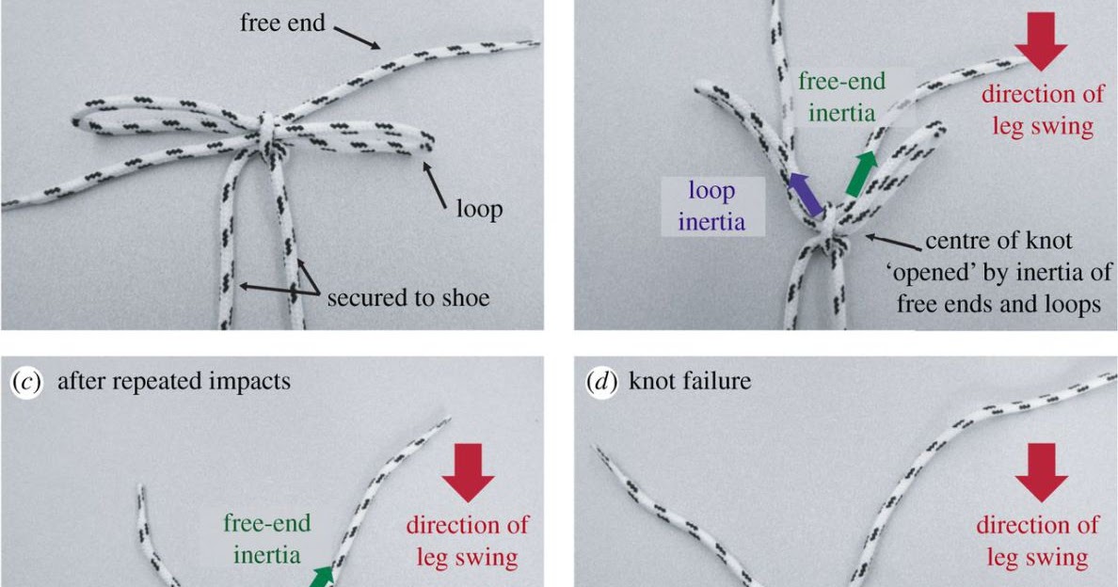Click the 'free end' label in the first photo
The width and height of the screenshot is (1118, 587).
click(x=282, y=23)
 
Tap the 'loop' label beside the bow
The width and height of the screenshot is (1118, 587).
click(x=479, y=210)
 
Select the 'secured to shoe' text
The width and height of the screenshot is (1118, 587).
click(x=408, y=297)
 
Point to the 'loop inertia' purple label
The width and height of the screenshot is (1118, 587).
click(x=711, y=206)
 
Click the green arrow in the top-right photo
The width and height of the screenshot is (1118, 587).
click(x=861, y=173)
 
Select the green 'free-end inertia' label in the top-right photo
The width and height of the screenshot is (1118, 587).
click(x=841, y=97)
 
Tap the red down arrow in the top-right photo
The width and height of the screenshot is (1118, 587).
click(x=1041, y=41)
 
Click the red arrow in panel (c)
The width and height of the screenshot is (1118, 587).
click(x=468, y=472)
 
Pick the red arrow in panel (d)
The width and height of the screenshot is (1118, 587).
click(x=1041, y=472)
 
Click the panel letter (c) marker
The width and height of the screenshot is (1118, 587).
click(x=27, y=382)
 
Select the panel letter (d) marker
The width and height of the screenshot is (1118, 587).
click(x=601, y=382)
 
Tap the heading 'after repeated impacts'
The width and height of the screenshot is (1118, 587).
click(x=174, y=382)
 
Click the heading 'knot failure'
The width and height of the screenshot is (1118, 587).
click(x=690, y=381)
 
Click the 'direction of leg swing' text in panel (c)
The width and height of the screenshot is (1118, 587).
click(x=467, y=542)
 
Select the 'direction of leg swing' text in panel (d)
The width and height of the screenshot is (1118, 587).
click(x=1037, y=542)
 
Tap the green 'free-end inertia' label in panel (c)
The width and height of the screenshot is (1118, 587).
click(x=266, y=539)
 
